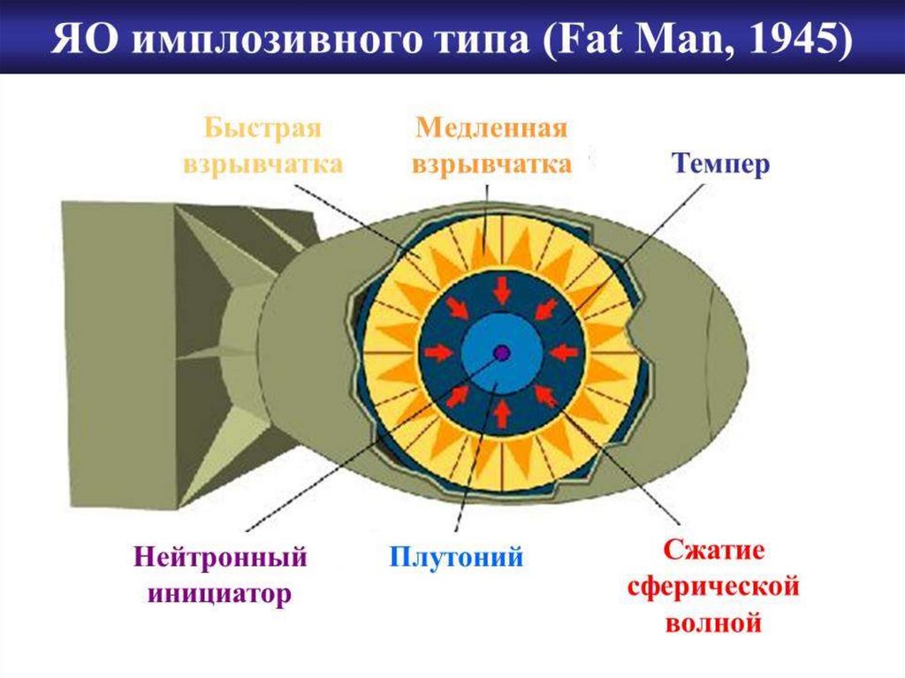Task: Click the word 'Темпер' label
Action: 721,165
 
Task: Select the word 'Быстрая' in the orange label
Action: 262,127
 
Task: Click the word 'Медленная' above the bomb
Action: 491,127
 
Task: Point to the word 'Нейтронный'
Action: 220,558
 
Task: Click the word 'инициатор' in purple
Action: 220,594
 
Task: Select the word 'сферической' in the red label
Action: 713,586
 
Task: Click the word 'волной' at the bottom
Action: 713,622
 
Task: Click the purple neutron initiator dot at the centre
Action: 501,353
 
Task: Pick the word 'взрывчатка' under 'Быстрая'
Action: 262,165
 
